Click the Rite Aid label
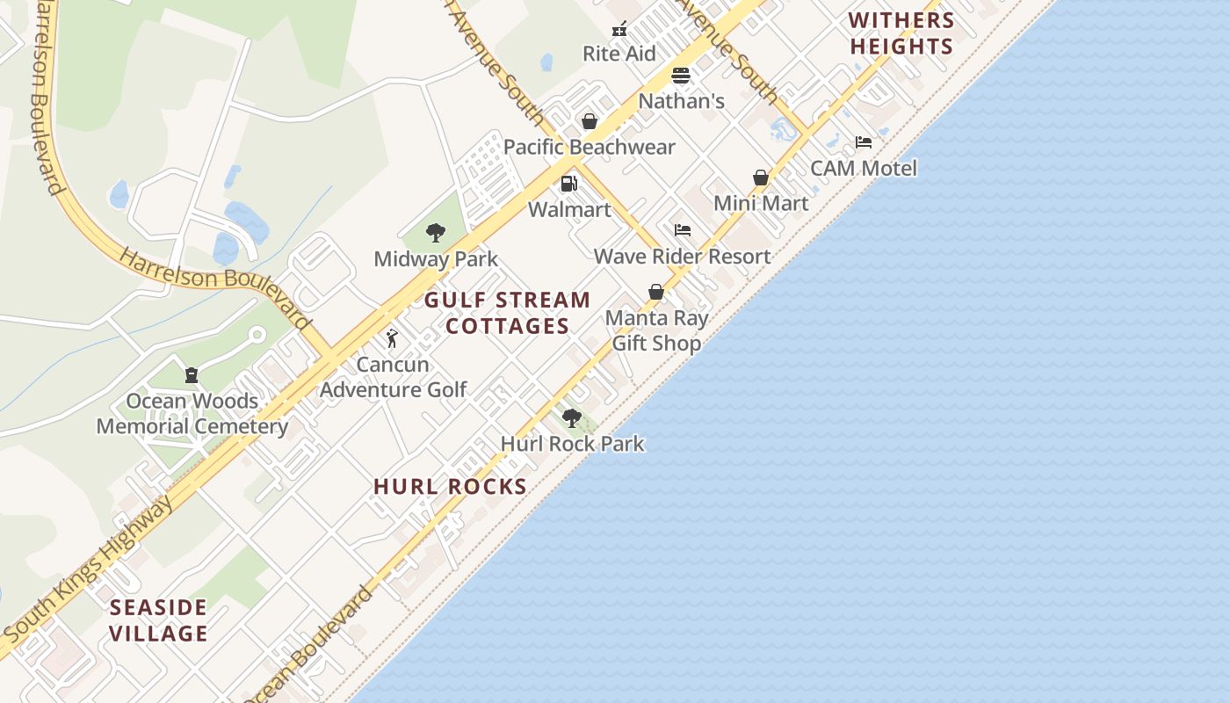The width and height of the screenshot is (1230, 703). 619,54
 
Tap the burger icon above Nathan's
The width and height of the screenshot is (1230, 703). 681,76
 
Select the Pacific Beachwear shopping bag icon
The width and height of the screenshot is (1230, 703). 590,121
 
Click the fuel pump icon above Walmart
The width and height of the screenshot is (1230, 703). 569,184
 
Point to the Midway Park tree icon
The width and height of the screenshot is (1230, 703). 435,233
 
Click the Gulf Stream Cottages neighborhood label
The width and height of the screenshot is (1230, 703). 507,313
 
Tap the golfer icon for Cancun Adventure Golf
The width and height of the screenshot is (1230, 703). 392,338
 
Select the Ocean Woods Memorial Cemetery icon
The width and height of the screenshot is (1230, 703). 191,375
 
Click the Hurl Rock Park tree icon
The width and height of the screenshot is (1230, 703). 572,418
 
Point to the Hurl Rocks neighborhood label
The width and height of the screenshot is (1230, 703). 450,487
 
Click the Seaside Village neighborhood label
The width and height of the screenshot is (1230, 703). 159,620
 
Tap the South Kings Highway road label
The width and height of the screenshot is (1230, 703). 88,569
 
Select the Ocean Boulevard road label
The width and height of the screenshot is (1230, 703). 307,646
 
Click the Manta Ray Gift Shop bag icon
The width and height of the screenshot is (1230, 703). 655,292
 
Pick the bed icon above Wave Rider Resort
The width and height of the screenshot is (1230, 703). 683,230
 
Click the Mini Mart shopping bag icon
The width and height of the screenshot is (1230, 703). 761,178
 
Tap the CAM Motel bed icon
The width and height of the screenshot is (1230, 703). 864,142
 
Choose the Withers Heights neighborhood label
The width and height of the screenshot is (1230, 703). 901,33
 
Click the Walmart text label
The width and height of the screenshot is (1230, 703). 569,210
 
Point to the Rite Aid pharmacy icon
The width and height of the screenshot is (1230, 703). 619,29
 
